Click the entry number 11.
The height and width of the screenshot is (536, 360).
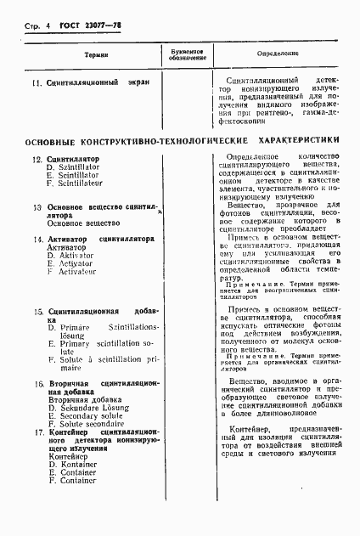click(36, 83)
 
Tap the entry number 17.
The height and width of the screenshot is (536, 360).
click(36, 433)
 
